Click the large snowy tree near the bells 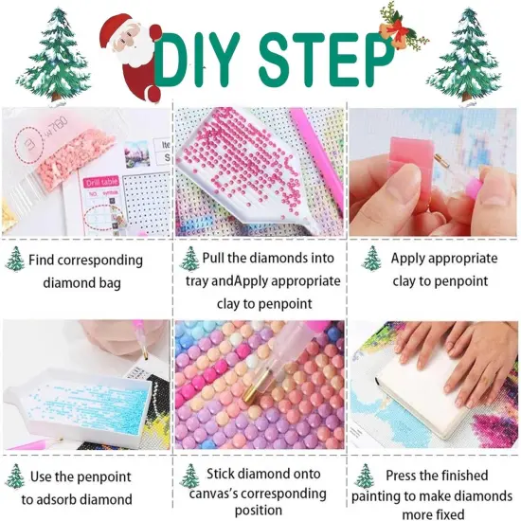pyautogui.click(x=464, y=55)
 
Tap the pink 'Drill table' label pyautogui.click(x=101, y=182)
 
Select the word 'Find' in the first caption pyautogui.click(x=42, y=260)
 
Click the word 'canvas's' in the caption pyautogui.click(x=213, y=494)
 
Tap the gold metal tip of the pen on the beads pyautogui.click(x=257, y=386)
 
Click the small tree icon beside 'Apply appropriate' pyautogui.click(x=371, y=259)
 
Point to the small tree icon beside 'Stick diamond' pyautogui.click(x=189, y=476)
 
